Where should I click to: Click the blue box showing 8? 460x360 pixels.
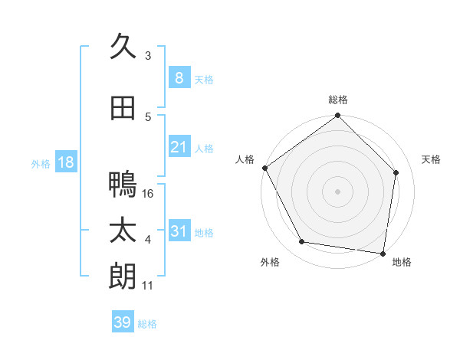tap(179, 77)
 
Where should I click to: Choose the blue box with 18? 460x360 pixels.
tap(65, 162)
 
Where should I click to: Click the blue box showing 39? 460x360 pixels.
tap(122, 322)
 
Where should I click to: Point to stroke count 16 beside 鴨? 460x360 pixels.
tap(149, 193)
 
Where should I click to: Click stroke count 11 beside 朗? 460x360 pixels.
tap(149, 286)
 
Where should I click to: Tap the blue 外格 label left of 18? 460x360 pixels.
tap(41, 163)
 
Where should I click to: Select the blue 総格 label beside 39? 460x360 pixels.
tap(148, 324)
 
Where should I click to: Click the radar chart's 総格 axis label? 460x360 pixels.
tap(338, 100)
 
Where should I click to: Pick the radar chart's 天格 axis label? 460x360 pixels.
tap(432, 159)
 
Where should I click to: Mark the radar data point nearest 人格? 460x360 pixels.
tap(264, 168)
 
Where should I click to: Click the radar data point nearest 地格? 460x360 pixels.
tap(383, 253)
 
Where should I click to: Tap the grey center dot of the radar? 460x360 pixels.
tap(337, 191)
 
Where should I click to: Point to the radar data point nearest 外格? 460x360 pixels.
tap(302, 242)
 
